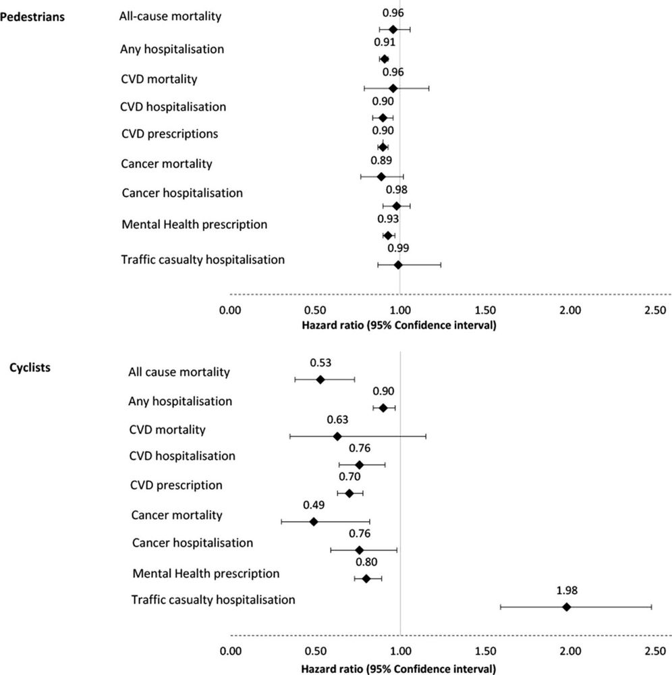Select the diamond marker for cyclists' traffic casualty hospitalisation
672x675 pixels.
click(x=567, y=607)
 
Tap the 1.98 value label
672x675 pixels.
click(x=567, y=589)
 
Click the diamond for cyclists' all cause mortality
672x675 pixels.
click(x=320, y=379)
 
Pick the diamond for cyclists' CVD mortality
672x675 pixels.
click(x=337, y=436)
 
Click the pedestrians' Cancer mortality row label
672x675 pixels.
click(x=167, y=163)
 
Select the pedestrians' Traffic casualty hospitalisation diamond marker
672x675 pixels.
click(x=398, y=265)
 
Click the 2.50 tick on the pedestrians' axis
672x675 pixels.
click(x=654, y=312)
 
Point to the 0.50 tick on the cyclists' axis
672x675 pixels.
click(x=315, y=653)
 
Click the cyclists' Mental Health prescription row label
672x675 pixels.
click(x=206, y=574)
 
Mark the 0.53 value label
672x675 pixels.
click(x=320, y=362)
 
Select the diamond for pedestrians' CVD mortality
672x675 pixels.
click(x=393, y=88)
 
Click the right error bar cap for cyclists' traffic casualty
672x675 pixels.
click(x=651, y=607)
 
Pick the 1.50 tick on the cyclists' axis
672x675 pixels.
click(x=485, y=653)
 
